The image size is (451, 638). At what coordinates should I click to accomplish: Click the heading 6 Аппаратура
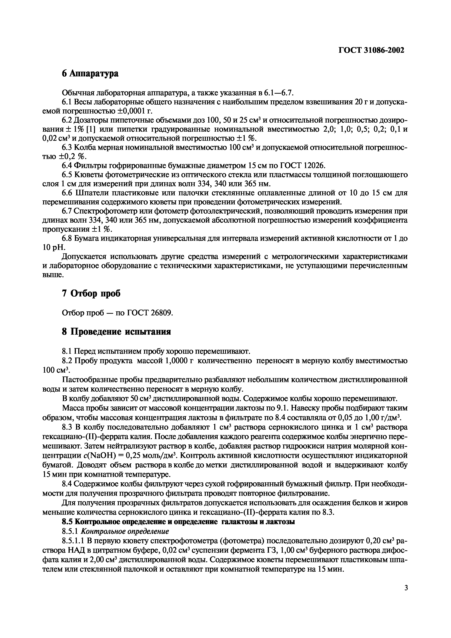point(90,74)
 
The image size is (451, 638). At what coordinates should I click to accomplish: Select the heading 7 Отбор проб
point(91,293)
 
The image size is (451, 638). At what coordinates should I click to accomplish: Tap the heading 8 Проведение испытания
point(116,332)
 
